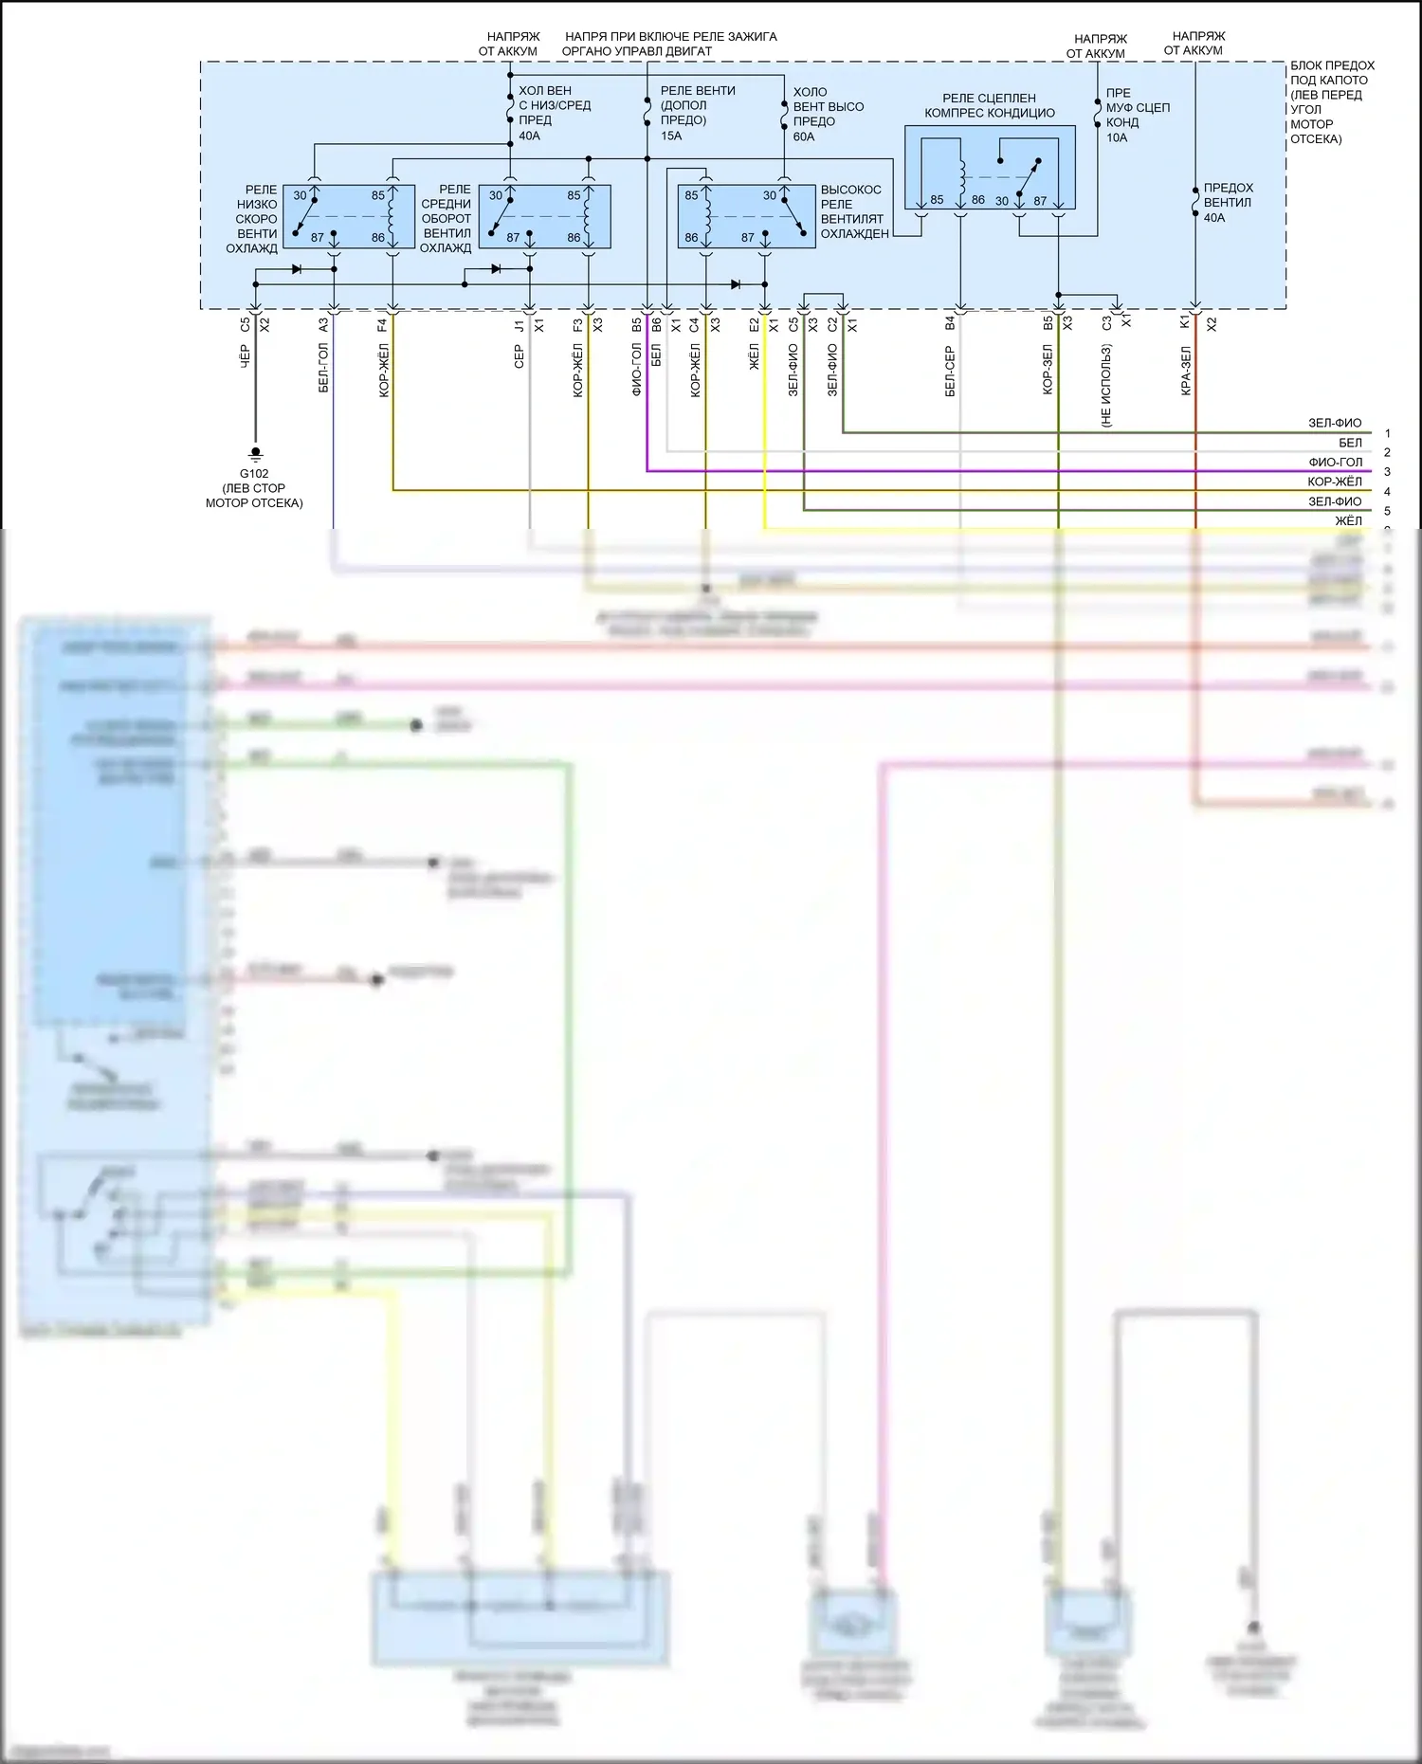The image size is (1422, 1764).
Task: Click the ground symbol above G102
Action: click(255, 454)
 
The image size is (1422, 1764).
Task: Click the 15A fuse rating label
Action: click(671, 136)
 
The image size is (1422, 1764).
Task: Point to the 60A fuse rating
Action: click(804, 137)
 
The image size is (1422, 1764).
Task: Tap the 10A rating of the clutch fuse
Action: click(1117, 138)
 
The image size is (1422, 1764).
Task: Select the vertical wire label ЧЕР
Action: click(246, 356)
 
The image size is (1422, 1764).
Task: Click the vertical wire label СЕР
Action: click(520, 356)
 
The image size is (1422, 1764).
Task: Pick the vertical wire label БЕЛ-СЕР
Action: click(950, 371)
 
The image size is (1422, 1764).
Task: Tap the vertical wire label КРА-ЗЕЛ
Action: click(1186, 371)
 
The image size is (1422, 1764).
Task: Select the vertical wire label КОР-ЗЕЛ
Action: click(1048, 370)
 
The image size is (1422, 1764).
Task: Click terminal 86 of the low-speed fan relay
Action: click(378, 238)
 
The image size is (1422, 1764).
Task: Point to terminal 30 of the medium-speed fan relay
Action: click(496, 196)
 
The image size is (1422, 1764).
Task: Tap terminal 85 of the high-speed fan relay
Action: click(691, 196)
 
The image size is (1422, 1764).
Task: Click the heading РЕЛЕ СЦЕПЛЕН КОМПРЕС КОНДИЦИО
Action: click(989, 105)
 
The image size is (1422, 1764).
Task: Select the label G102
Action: click(254, 474)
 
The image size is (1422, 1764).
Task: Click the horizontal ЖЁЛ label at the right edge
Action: click(1348, 521)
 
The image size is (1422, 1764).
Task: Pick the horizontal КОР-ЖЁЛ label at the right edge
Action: click(1334, 482)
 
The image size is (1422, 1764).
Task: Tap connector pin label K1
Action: click(1184, 323)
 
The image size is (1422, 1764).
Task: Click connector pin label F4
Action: click(382, 324)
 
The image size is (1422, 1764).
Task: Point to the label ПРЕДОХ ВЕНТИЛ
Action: click(1228, 195)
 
